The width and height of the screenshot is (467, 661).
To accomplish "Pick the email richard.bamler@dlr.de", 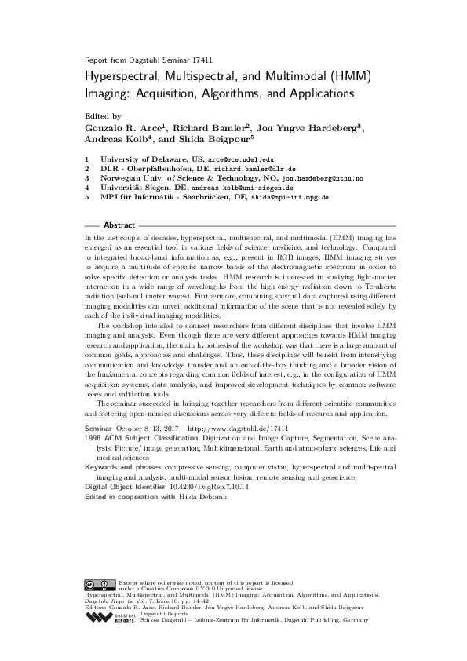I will (257, 169).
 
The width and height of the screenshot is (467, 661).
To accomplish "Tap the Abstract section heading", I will (119, 224).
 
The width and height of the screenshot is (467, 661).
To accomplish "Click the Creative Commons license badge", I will (100, 584).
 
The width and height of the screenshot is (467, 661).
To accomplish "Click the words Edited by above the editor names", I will (100, 115).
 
